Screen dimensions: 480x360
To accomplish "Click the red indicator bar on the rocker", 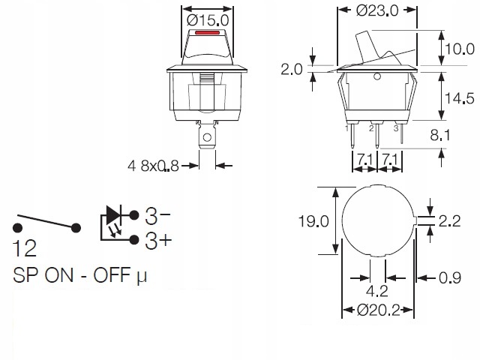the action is click(x=207, y=32).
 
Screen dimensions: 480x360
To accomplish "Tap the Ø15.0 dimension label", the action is click(x=208, y=20).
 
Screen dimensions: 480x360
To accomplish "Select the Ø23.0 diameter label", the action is click(x=377, y=10).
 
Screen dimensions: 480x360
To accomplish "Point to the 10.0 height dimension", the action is click(x=460, y=49).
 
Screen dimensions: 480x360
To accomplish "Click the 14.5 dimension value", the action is click(x=460, y=98).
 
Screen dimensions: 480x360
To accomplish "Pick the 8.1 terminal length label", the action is click(x=440, y=135).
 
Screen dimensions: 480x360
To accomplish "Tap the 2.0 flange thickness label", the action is click(x=292, y=70).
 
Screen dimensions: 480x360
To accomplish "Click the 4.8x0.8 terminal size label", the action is click(x=153, y=166).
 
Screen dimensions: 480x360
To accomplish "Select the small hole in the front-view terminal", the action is click(x=207, y=137).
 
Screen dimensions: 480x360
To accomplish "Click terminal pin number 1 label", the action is click(x=346, y=128).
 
